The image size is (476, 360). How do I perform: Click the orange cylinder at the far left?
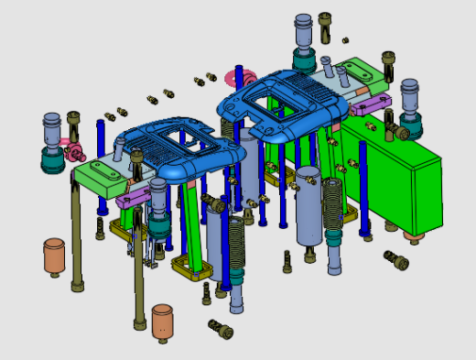tap(54, 256)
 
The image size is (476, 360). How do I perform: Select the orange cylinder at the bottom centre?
tap(163, 321)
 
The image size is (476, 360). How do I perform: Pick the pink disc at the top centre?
tap(213, 77)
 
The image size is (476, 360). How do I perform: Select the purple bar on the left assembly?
tap(135, 197)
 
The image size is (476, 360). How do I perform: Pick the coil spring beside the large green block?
tap(332, 205)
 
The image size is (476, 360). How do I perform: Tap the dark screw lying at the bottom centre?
tap(221, 328)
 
